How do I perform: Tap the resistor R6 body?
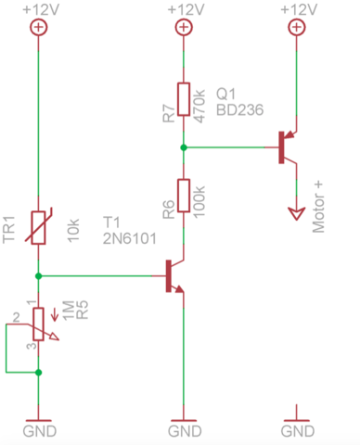tap(185, 197)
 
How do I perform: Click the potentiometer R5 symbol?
tap(38, 323)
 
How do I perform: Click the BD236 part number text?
tap(240, 109)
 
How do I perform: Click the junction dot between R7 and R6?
tap(185, 146)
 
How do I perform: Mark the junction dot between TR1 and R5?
tap(38, 275)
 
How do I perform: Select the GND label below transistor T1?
tap(185, 432)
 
